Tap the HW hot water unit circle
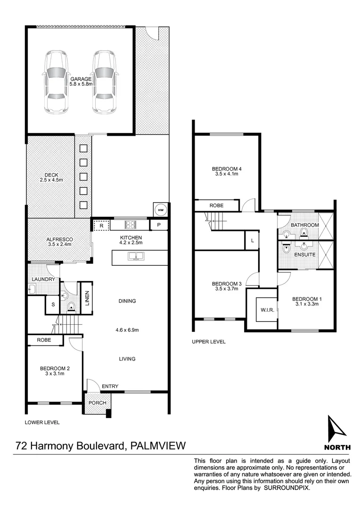coord(160,210)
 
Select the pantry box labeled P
coord(159,225)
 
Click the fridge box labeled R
coord(101,226)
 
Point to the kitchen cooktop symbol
coord(130,225)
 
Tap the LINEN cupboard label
coord(88,297)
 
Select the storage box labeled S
coord(53,304)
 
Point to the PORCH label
coord(97,403)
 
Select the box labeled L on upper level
coord(252,241)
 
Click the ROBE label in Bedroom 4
coord(217,206)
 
